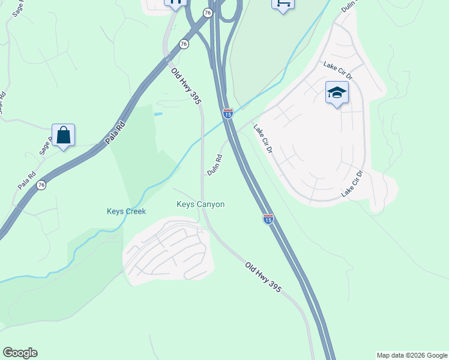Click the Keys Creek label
(x=126, y=211)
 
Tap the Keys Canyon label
(x=200, y=205)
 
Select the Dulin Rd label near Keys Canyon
(x=215, y=165)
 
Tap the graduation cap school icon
(x=337, y=93)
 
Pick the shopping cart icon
(x=283, y=4)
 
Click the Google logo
(x=20, y=353)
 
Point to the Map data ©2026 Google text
(x=412, y=355)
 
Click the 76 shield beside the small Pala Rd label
(x=41, y=185)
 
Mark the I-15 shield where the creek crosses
(x=228, y=113)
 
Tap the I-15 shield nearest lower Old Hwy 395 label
(x=268, y=220)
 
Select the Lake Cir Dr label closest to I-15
(x=263, y=139)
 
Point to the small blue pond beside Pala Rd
(x=158, y=113)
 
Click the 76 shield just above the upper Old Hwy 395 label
(x=184, y=44)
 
